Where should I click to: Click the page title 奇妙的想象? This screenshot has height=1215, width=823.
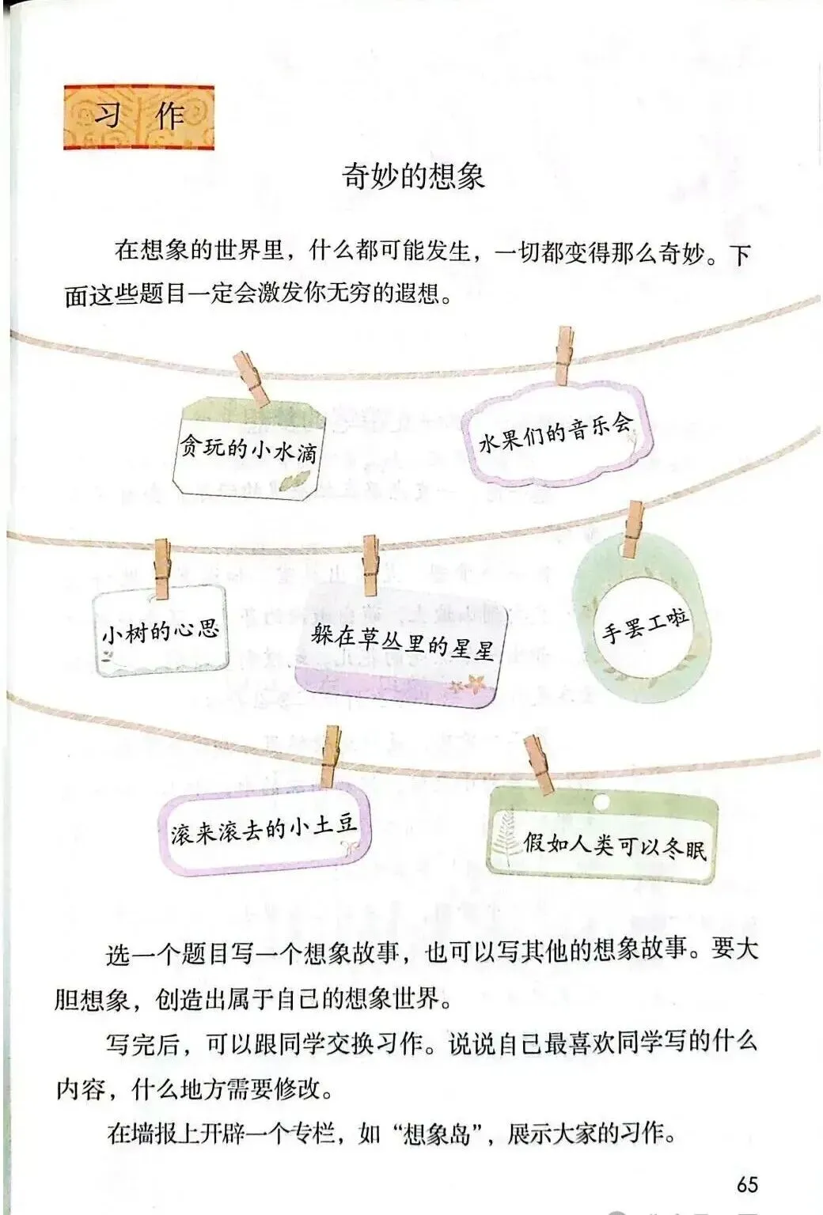pos(412,175)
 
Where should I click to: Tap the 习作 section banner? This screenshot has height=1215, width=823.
pos(138,116)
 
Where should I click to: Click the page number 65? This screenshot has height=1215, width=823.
pos(746,1183)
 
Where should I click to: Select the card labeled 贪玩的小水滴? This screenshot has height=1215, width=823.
pos(249,449)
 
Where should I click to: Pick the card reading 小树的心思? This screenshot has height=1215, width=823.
pos(160,630)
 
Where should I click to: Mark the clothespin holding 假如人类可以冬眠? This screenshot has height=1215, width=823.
pos(540,763)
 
